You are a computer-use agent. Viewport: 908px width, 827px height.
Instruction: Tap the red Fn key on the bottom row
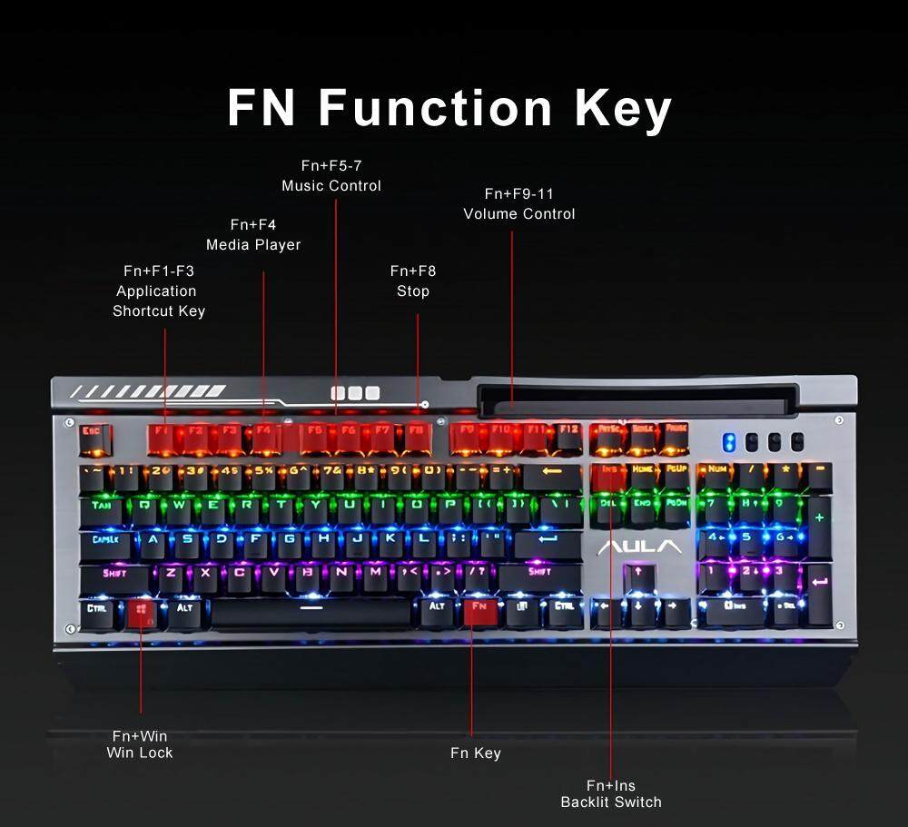479,609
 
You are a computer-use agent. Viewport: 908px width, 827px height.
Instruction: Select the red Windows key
142,611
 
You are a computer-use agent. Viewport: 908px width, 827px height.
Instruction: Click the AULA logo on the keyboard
639,546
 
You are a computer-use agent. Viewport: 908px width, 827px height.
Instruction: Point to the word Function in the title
435,108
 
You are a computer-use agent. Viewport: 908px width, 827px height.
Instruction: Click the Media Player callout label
253,244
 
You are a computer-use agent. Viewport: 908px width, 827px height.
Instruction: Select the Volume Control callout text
519,213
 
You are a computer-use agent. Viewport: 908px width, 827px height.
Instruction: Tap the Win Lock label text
140,752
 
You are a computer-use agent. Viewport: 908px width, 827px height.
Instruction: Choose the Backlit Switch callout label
611,802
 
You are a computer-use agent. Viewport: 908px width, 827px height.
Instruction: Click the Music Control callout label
331,185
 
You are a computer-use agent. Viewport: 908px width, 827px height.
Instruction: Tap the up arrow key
638,574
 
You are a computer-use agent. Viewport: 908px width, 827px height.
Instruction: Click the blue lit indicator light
728,442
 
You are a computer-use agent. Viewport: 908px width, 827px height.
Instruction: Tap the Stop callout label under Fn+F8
413,291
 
